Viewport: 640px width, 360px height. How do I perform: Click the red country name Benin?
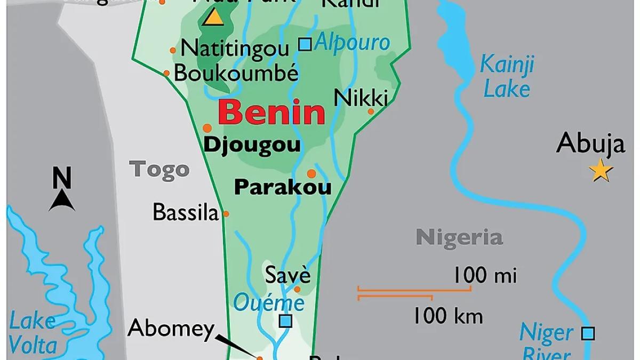point(271,113)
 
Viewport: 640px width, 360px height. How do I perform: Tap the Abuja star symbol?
point(601,171)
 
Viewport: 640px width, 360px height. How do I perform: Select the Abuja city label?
point(590,143)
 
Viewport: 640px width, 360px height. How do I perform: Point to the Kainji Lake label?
point(507,76)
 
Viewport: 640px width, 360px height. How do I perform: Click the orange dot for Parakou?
point(311,173)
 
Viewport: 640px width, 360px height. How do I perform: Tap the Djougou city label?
point(253,145)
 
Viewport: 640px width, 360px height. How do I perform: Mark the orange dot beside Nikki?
point(371,111)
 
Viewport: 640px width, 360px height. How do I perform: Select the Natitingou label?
point(235,49)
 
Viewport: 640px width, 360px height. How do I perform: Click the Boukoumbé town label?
point(236,73)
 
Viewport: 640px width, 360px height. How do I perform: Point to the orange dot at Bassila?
point(226,214)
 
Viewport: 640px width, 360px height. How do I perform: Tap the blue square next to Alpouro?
point(305,44)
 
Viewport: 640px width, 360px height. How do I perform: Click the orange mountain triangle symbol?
point(214,17)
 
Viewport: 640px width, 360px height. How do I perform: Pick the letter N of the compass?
point(62,178)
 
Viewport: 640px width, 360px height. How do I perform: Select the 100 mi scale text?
point(485,276)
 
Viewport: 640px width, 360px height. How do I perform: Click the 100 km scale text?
point(448,316)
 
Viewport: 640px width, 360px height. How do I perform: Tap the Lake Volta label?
point(33,333)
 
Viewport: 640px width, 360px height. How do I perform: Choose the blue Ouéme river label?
point(269,303)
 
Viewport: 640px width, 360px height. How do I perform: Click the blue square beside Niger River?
point(588,333)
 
